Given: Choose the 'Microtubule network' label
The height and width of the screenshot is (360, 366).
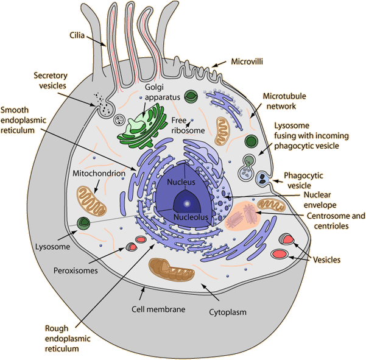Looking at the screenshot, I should tap(280, 101).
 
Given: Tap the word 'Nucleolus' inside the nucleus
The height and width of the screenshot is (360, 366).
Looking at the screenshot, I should tap(191, 217).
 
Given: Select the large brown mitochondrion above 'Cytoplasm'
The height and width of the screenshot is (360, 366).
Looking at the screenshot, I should tap(172, 269).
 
